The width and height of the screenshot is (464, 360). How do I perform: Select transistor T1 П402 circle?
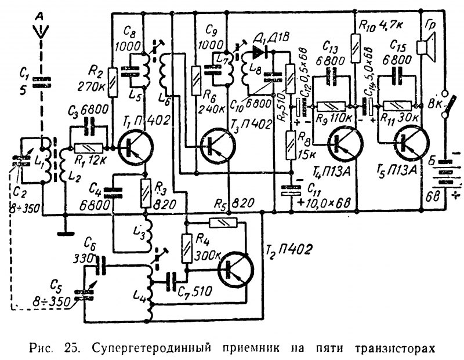pyautogui.click(x=136, y=146)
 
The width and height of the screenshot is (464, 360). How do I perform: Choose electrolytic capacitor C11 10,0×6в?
pyautogui.click(x=290, y=191)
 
